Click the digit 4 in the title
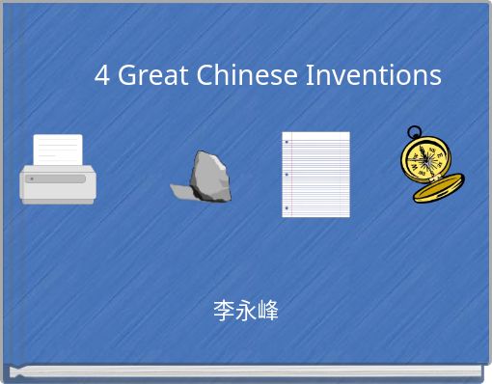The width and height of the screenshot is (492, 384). coord(102,75)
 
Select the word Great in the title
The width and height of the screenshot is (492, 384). coord(153,75)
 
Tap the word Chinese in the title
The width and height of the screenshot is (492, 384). coord(248,75)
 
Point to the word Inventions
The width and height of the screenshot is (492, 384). coord(373,75)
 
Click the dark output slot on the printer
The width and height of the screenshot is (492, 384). coord(61,178)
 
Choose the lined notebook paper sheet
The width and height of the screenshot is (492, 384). coord(317,174)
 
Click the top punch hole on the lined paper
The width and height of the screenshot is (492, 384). coord(287,142)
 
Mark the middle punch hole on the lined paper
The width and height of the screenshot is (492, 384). coord(287,175)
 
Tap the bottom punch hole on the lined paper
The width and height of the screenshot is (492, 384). coord(287,207)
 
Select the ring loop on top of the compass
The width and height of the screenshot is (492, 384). coord(414,132)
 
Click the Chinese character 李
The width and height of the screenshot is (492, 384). coord(224,311)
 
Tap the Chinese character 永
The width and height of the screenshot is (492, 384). coord(246,311)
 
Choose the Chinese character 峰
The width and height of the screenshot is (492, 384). coord(268,311)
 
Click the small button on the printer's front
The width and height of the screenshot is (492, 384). coord(31,178)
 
